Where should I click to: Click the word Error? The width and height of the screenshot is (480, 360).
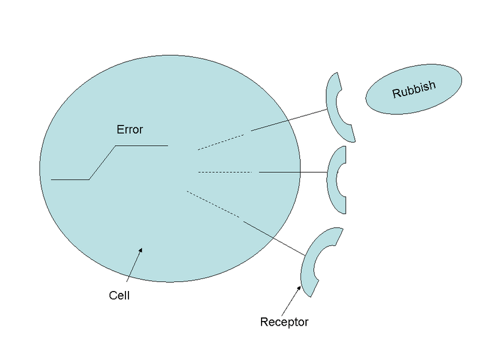129,129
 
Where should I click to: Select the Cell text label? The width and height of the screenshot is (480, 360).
119,295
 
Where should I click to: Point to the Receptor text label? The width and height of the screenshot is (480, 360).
284,322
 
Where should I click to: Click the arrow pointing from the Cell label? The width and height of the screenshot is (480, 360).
135,264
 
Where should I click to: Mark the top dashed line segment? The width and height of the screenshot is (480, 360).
221,142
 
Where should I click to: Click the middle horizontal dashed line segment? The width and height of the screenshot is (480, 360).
224,172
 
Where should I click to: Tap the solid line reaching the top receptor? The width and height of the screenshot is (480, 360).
289,120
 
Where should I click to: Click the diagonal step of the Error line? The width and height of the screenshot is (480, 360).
102,162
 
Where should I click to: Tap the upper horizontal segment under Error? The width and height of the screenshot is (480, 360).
141,145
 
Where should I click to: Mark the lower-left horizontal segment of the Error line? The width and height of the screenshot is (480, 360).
70,179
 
